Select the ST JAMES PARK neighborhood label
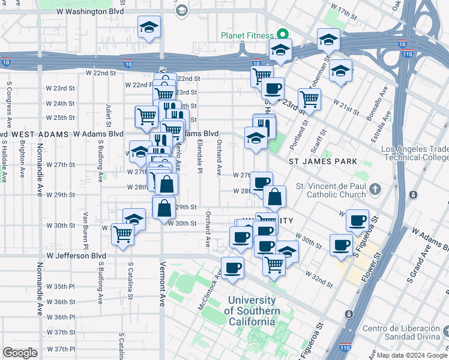pyautogui.click(x=323, y=161)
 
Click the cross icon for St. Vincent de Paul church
pyautogui.click(x=376, y=190)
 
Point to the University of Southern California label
pyautogui.click(x=252, y=311)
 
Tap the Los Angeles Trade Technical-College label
pyautogui.click(x=414, y=154)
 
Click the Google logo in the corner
pyautogui.click(x=20, y=353)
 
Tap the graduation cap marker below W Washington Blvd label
pyautogui.click(x=149, y=27)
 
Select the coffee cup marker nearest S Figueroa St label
pyautogui.click(x=342, y=244)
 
